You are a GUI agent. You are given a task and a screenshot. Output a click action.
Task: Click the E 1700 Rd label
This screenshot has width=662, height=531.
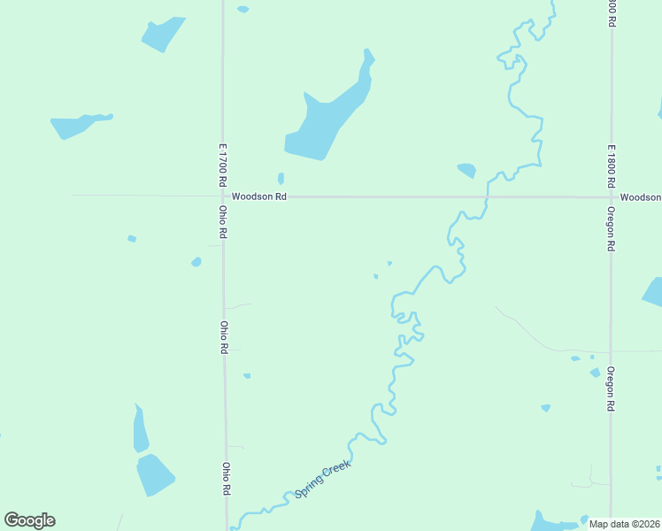tap(224, 164)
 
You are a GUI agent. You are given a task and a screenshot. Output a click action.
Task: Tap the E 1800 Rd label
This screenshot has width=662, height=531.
tap(611, 165)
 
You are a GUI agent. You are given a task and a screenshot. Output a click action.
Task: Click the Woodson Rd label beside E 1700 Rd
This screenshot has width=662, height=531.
tap(258, 196)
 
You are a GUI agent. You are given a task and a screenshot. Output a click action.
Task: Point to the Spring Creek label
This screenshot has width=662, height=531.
tap(323, 479)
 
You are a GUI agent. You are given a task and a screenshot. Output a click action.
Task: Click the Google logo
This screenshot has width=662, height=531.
tap(29, 520)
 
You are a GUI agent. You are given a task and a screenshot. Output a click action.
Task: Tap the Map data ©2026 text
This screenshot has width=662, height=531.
tap(624, 524)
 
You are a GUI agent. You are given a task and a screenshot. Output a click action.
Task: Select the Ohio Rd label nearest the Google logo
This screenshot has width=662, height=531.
tap(227, 479)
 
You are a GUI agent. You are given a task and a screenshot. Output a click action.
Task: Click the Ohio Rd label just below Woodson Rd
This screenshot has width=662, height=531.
tap(224, 222)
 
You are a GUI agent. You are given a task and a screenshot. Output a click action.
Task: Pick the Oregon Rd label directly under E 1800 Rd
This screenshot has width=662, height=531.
tap(611, 230)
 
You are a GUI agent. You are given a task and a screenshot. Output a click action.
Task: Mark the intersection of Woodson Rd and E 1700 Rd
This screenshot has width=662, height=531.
tap(224, 196)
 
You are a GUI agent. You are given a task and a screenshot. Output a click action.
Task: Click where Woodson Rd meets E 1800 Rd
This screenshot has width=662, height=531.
tap(611, 196)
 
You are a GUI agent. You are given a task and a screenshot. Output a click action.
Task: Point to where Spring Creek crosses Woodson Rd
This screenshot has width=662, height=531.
tap(487, 196)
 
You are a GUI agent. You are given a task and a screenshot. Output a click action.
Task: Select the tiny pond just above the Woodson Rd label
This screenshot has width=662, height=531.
tap(281, 178)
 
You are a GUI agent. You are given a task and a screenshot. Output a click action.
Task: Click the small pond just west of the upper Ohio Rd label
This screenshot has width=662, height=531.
tap(196, 262)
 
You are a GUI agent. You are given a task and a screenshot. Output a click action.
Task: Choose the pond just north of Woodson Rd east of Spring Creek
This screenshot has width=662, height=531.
tap(466, 170)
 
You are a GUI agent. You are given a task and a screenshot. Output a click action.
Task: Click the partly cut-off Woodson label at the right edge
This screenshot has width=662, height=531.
tap(640, 196)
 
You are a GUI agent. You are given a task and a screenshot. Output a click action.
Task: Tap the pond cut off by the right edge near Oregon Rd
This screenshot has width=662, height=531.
tap(653, 292)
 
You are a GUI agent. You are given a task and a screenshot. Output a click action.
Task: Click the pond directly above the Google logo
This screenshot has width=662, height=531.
tap(154, 474)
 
